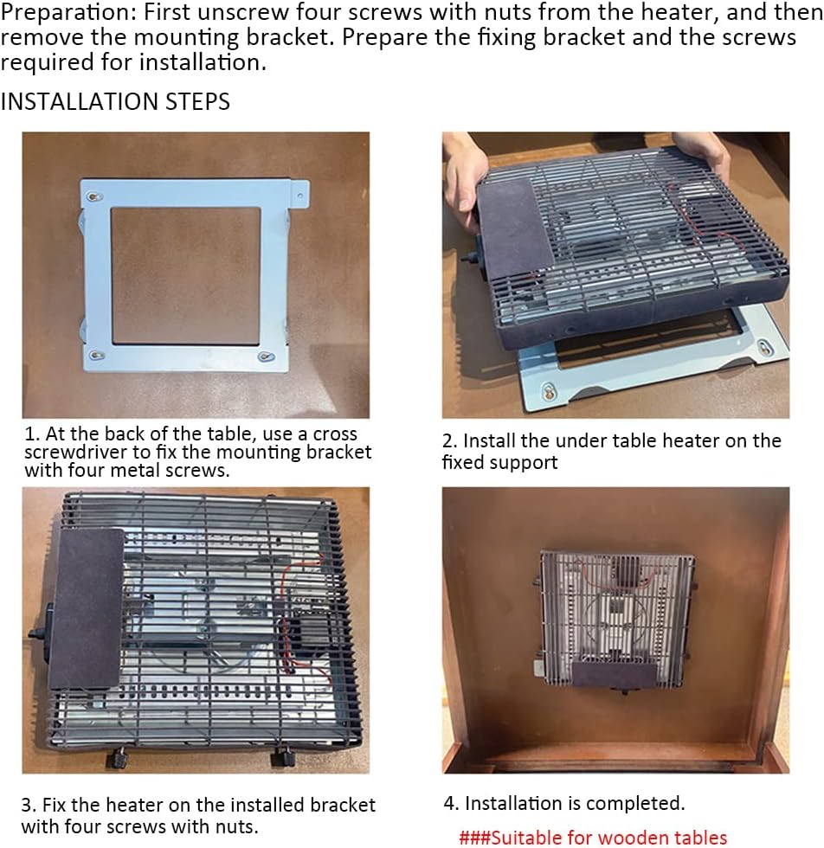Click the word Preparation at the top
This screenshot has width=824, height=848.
(x=68, y=13)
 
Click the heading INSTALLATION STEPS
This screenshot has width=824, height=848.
(x=115, y=102)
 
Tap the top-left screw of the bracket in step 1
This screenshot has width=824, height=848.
(x=95, y=196)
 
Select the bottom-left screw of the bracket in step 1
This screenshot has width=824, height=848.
(x=98, y=356)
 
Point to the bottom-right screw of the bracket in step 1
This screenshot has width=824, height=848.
(x=267, y=356)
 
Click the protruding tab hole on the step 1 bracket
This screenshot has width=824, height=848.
(x=300, y=196)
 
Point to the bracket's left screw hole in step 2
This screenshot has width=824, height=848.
(x=549, y=391)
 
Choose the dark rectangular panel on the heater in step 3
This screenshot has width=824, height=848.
(x=87, y=607)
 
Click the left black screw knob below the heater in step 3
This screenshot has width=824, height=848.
(x=116, y=757)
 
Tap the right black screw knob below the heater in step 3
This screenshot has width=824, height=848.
(x=282, y=756)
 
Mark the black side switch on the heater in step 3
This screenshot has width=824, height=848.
(x=42, y=627)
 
